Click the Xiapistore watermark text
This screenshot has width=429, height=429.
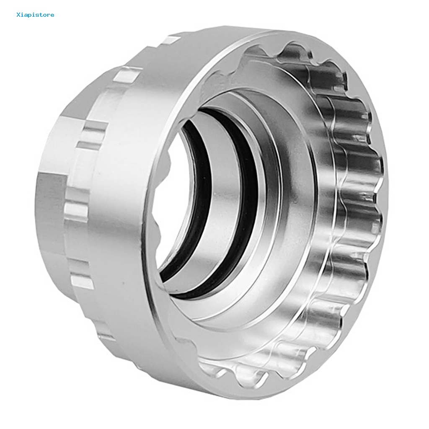pos(35,15)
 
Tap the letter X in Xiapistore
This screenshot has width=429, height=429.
pos(19,15)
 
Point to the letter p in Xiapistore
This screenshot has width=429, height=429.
pos(31,16)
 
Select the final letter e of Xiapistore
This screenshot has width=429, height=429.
pos(52,16)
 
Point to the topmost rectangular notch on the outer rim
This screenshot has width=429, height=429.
pos(172,41)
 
